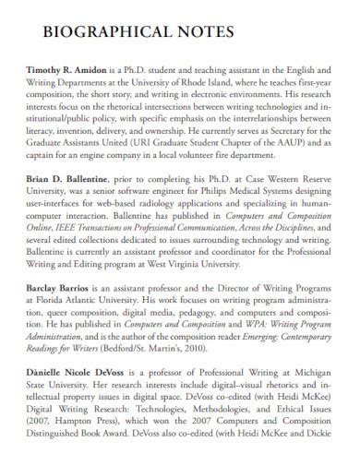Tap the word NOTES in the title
209,31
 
